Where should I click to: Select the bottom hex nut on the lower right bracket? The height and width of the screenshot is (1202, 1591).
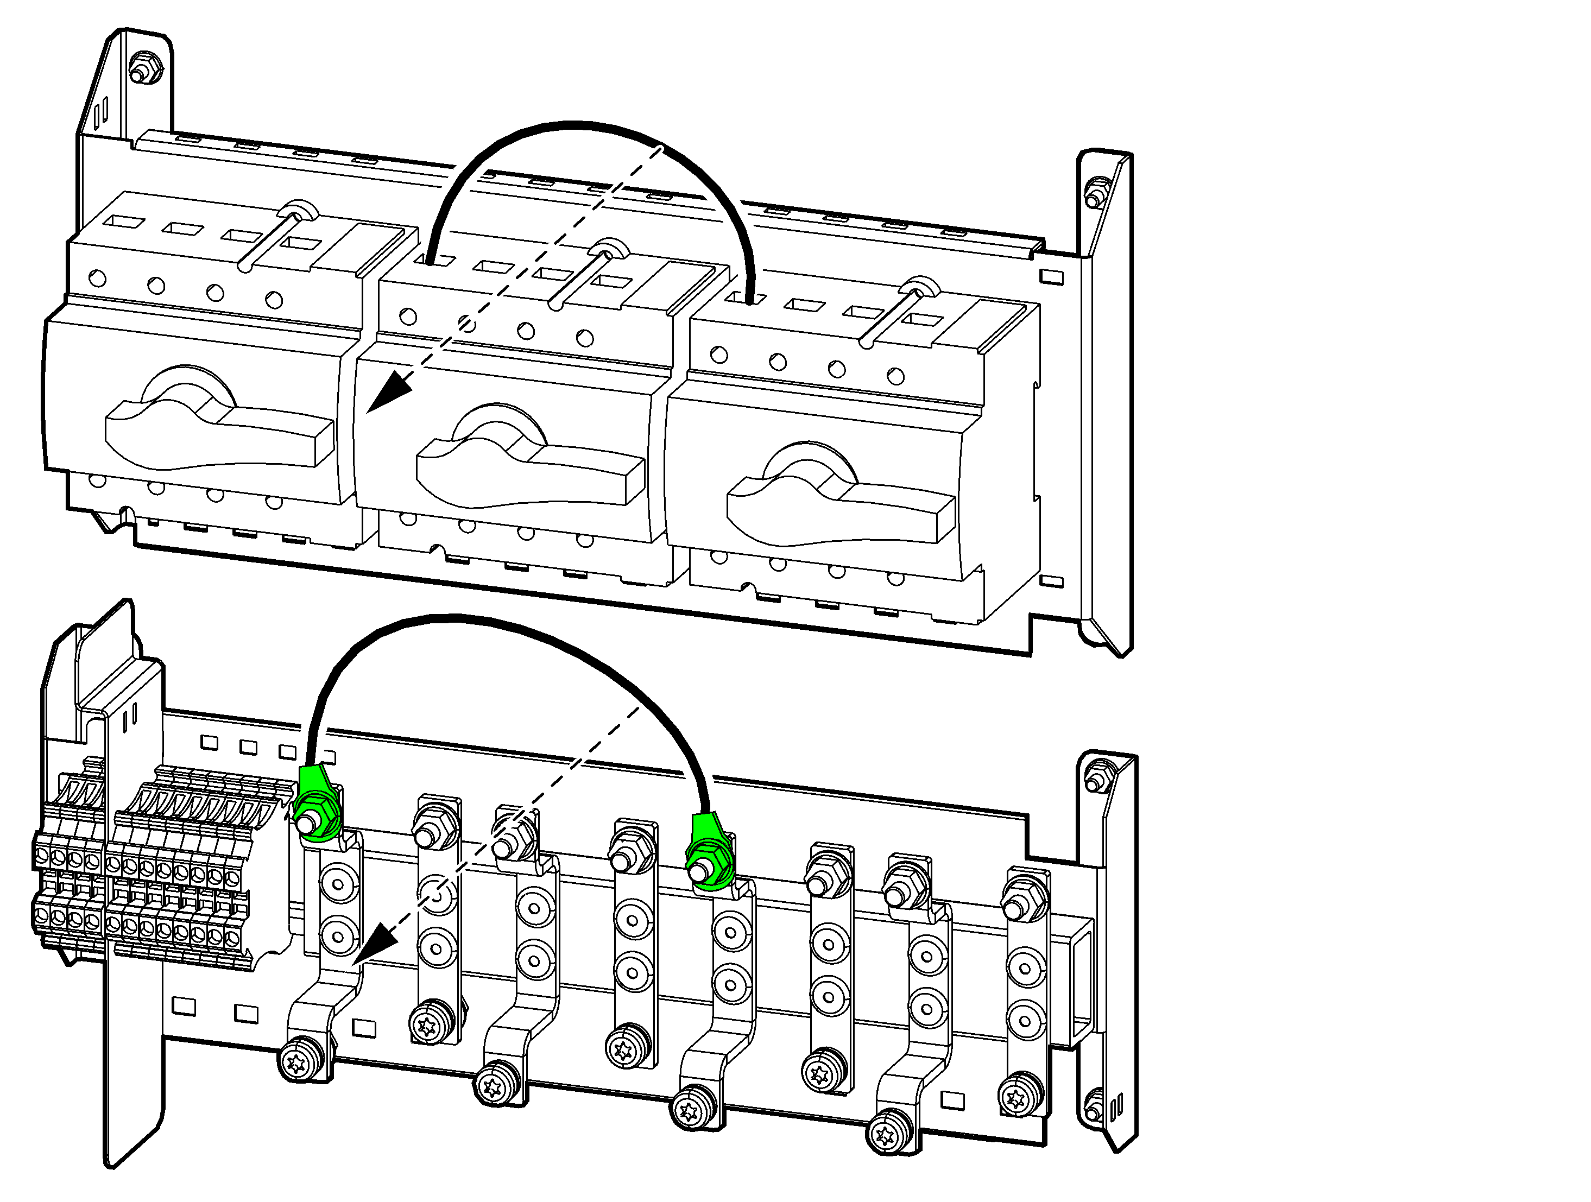1093,1104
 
